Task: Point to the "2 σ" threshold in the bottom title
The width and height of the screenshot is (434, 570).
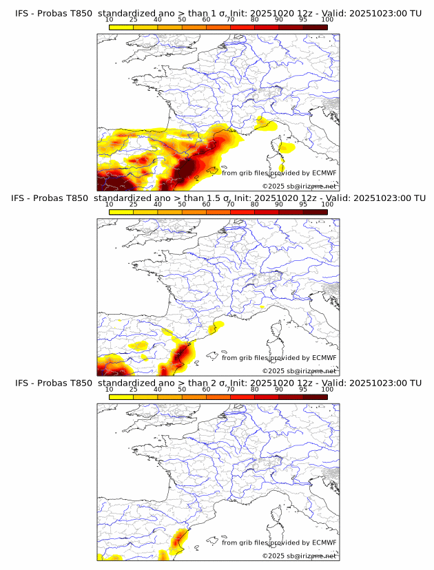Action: click(x=228, y=383)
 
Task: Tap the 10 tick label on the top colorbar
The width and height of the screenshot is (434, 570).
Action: click(x=110, y=20)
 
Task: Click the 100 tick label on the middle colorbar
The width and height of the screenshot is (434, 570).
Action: click(x=327, y=204)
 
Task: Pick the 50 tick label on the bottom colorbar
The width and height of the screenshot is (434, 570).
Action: click(x=182, y=389)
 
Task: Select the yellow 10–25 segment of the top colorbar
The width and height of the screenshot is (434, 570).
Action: click(x=121, y=27)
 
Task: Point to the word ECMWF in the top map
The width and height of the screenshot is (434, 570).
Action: click(x=324, y=173)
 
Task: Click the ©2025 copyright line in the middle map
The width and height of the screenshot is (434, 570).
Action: click(x=299, y=371)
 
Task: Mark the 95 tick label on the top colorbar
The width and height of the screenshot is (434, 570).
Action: click(x=303, y=20)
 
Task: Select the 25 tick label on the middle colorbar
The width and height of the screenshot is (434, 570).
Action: click(x=134, y=204)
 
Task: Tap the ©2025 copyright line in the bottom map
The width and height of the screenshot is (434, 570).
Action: click(x=299, y=556)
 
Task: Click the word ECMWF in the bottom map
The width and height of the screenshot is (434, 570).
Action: click(x=324, y=542)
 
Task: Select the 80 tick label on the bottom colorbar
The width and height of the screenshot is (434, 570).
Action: click(x=255, y=389)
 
